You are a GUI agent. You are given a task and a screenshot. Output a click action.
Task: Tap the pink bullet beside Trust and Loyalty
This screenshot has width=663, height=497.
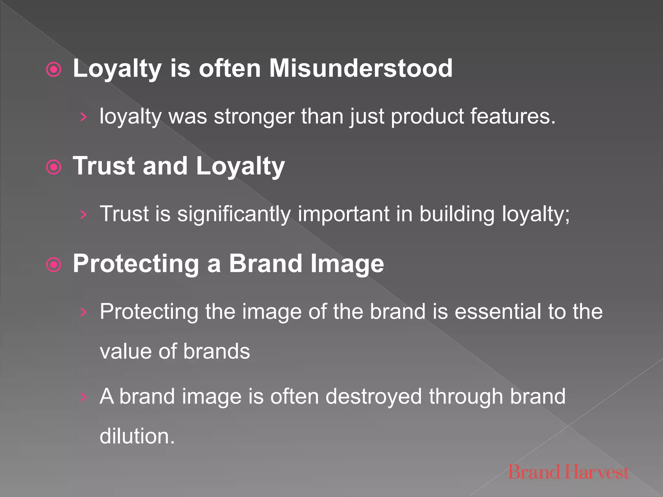pyautogui.click(x=54, y=167)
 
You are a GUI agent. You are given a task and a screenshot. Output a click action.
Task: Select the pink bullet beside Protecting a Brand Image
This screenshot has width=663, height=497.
pyautogui.click(x=54, y=265)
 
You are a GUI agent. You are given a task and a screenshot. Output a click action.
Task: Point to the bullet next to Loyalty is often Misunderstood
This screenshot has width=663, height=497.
pyautogui.click(x=54, y=70)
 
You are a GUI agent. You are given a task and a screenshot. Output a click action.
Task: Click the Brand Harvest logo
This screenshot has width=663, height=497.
pyautogui.click(x=568, y=472)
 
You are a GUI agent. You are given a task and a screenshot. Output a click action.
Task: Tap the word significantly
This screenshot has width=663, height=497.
pyautogui.click(x=234, y=214)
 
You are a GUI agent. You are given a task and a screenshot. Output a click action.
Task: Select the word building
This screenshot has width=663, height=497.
pyautogui.click(x=457, y=214)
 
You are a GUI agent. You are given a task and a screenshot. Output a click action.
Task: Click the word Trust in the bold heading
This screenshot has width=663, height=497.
pyautogui.click(x=104, y=166)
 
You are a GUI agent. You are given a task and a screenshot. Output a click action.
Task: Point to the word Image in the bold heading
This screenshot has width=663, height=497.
pyautogui.click(x=347, y=264)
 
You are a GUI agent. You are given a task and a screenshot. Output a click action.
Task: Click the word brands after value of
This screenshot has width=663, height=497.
pyautogui.click(x=217, y=351)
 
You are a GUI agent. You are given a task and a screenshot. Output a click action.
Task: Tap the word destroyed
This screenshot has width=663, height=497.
pyautogui.click(x=374, y=396)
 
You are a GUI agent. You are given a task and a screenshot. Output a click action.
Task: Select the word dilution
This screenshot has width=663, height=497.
pyautogui.click(x=137, y=436)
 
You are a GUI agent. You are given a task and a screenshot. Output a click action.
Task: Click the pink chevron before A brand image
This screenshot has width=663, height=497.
pyautogui.click(x=84, y=397)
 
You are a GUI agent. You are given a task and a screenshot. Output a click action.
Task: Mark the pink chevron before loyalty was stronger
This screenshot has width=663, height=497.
pyautogui.click(x=84, y=117)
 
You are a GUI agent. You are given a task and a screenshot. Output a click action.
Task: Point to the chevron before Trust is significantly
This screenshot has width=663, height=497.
pyautogui.click(x=84, y=215)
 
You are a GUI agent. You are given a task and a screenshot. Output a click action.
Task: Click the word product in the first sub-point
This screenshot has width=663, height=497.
pyautogui.click(x=427, y=116)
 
